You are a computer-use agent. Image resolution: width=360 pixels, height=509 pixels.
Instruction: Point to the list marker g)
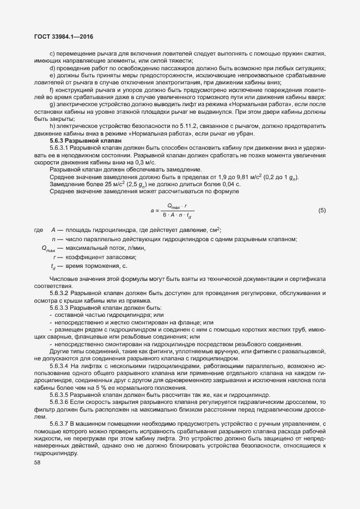pyautogui.click(x=52, y=103)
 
